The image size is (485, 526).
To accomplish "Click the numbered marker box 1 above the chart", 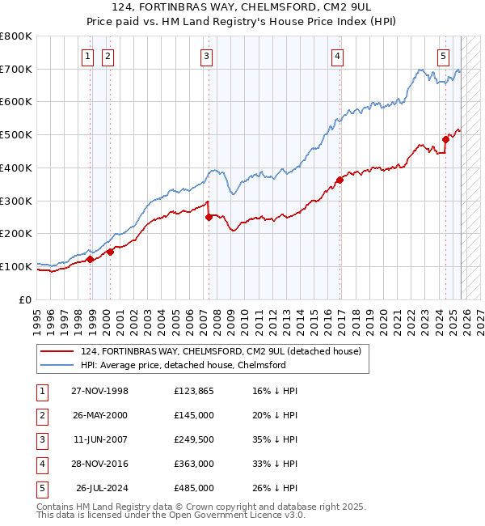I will pyautogui.click(x=86, y=56).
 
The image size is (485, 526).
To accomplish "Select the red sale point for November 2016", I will pyautogui.click(x=339, y=180).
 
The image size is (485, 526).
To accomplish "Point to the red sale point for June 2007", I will pyautogui.click(x=209, y=217).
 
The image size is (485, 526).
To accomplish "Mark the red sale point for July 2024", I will pyautogui.click(x=445, y=139).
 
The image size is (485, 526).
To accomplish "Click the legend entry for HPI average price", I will pyautogui.click(x=183, y=365).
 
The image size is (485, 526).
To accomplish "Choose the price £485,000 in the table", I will pyautogui.click(x=194, y=487).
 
